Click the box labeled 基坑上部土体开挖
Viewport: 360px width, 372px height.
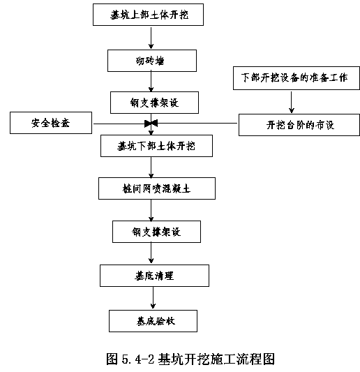tap(148, 15)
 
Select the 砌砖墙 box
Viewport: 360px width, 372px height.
tap(152, 61)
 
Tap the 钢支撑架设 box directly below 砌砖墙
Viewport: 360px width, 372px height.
tap(154, 103)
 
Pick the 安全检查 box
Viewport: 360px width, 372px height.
tap(51, 123)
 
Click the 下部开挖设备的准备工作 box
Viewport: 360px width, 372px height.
tap(297, 78)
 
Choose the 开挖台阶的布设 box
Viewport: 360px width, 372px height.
tap(299, 125)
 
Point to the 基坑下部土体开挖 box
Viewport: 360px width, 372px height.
tap(156, 146)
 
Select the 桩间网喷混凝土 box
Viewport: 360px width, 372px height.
tap(157, 188)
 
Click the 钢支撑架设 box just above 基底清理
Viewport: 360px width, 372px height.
tap(156, 232)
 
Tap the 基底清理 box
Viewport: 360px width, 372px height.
tap(154, 276)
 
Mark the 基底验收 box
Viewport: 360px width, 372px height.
tap(153, 321)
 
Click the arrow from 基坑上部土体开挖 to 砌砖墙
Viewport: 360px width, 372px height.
tap(151, 38)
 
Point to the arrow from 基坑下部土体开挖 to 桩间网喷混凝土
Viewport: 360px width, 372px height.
tap(151, 168)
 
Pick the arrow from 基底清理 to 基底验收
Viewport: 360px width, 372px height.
tap(153, 298)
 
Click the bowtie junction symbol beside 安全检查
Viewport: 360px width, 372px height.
tap(151, 124)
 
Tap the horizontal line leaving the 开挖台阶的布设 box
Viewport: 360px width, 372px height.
tap(197, 124)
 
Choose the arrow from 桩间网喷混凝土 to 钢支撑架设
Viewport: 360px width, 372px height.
tap(151, 211)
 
